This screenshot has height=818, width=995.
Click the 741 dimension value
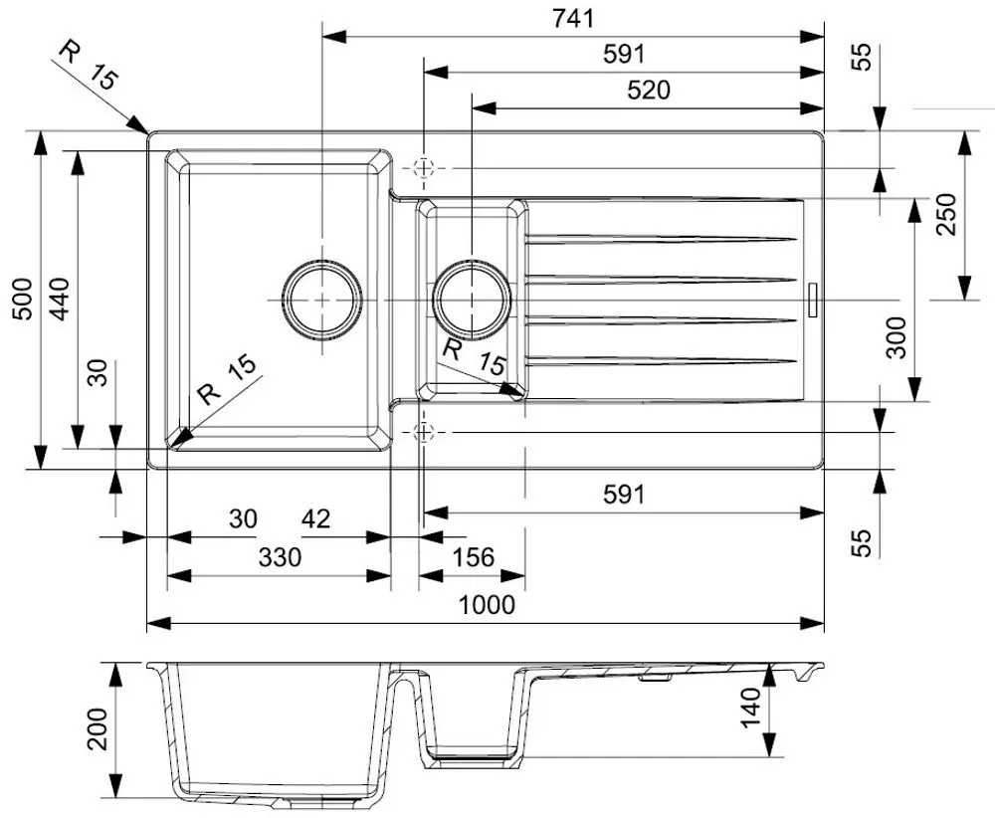tap(573, 18)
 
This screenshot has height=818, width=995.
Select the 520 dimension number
tap(649, 91)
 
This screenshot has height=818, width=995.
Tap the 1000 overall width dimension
tap(487, 605)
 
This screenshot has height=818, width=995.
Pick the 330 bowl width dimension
tap(280, 557)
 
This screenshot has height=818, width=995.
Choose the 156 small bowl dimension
tap(473, 557)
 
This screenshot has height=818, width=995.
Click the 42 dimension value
tap(315, 519)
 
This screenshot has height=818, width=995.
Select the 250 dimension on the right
tap(946, 215)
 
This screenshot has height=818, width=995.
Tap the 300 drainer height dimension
tap(896, 337)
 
